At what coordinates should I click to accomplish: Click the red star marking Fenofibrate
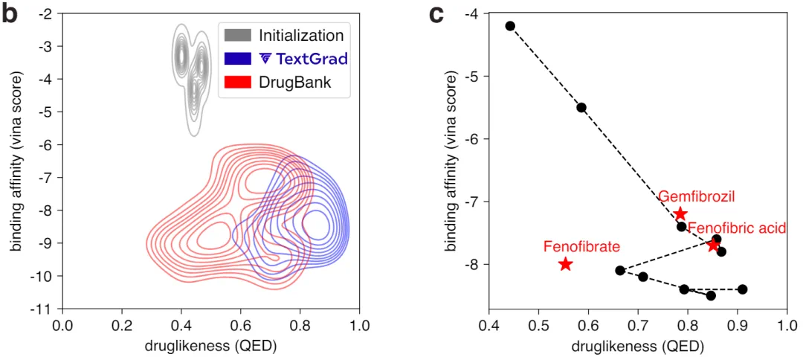[565, 264]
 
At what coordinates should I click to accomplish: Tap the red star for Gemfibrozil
[680, 214]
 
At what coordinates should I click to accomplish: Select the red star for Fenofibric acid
[713, 245]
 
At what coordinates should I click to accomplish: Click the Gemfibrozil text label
[696, 197]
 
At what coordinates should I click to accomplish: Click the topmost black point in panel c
[510, 26]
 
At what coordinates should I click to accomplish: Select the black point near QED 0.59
[581, 107]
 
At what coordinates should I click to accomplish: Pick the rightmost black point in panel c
[742, 289]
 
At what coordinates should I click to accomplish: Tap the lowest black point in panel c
[711, 295]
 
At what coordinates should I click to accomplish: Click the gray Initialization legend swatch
[236, 35]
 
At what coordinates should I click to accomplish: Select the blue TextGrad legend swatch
[236, 59]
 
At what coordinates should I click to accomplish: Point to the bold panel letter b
[10, 14]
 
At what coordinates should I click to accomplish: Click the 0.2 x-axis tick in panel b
[123, 325]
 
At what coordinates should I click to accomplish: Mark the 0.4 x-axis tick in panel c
[488, 325]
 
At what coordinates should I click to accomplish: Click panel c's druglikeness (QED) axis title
[637, 346]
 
